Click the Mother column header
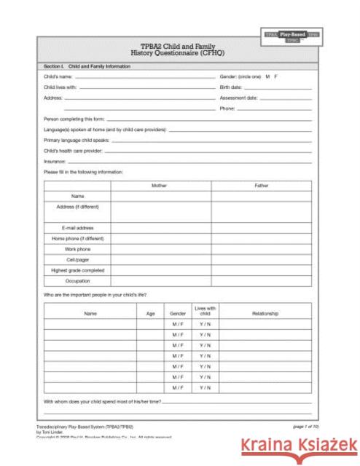coord(160,186)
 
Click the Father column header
coord(262,186)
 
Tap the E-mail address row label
coord(77,228)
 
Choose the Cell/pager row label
coord(77,258)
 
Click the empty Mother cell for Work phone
coord(160,248)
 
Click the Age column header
coord(150,314)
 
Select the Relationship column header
coord(265,314)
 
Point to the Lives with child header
coord(205,311)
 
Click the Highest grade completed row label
coord(77,269)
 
